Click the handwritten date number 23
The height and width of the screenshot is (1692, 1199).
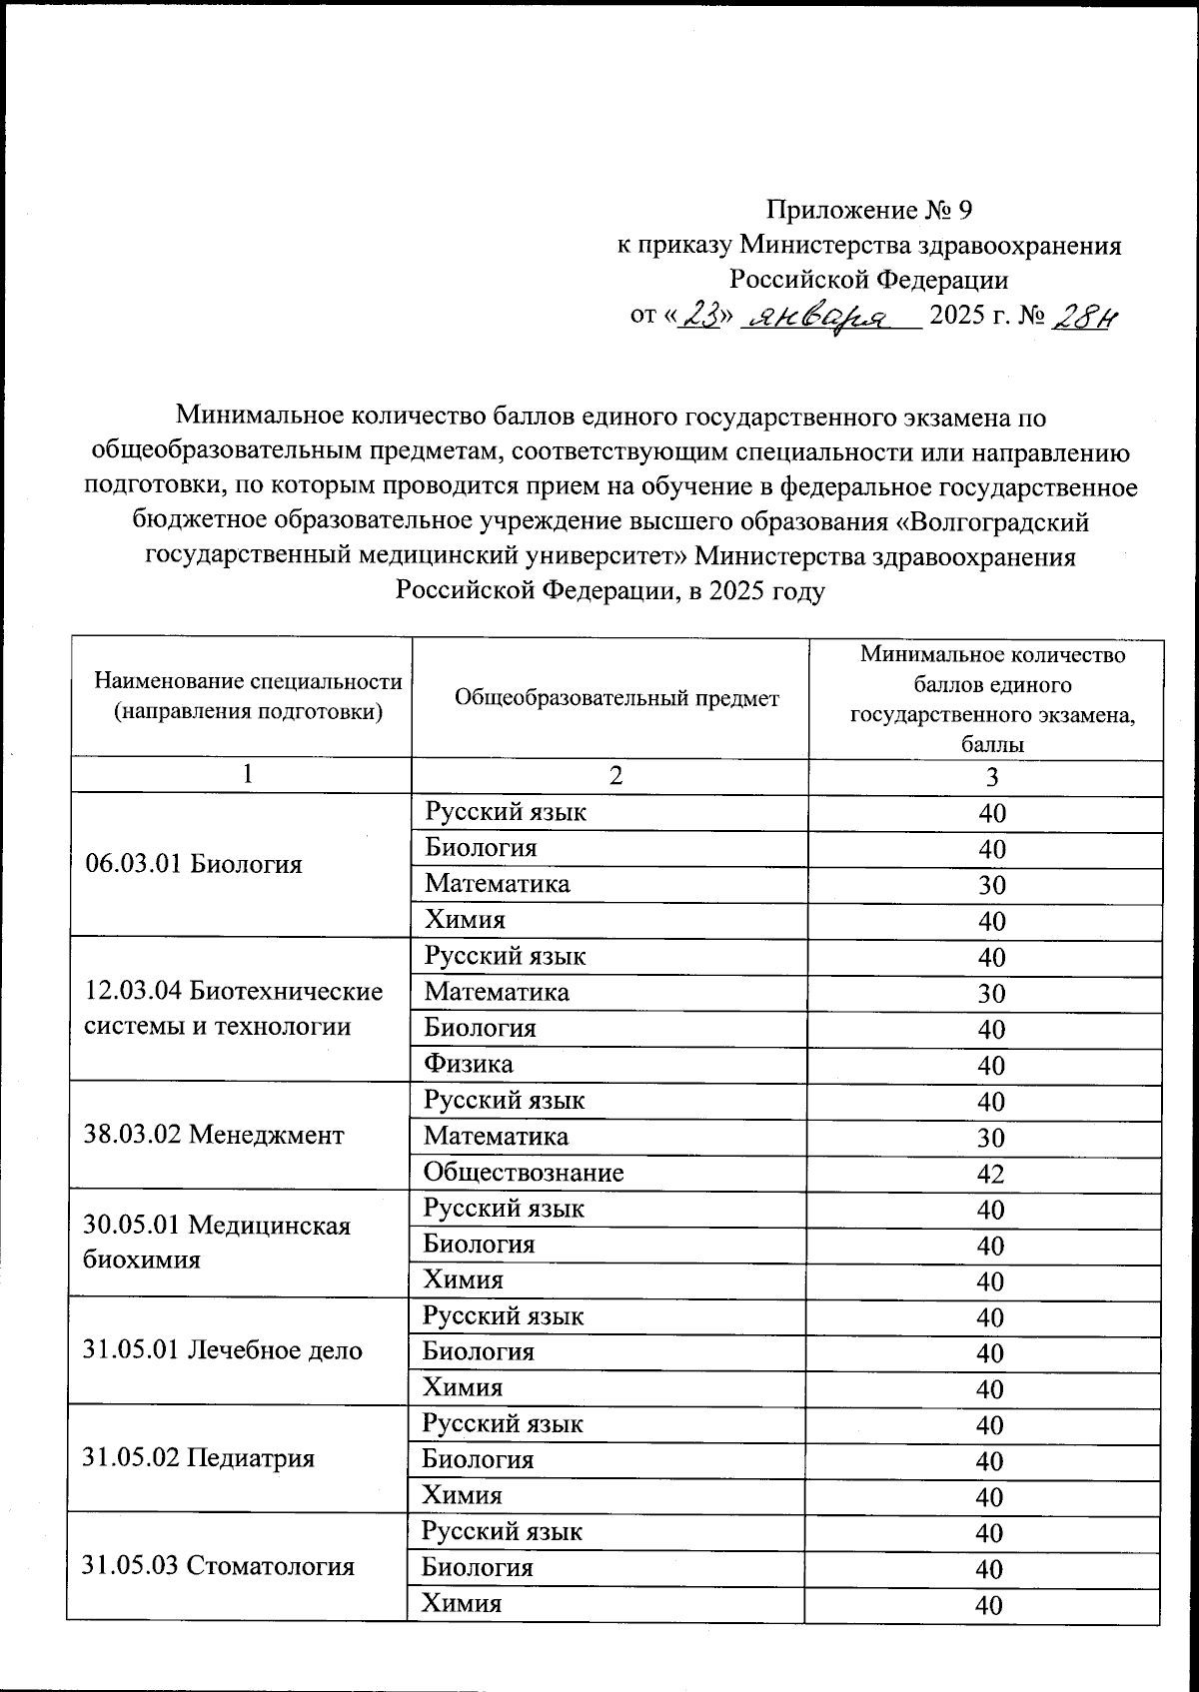(701, 316)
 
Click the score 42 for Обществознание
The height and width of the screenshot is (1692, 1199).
(990, 1174)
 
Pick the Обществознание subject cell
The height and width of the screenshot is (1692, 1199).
(524, 1172)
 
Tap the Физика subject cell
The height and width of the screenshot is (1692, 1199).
(469, 1064)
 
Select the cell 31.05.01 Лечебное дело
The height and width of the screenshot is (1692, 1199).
(223, 1350)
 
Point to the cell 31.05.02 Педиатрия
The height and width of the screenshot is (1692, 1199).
(199, 1458)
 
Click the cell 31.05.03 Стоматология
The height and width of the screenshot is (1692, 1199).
(219, 1565)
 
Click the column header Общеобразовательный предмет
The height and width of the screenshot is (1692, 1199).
(616, 698)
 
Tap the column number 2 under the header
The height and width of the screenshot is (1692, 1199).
(616, 776)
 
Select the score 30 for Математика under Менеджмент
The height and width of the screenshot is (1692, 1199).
(990, 1138)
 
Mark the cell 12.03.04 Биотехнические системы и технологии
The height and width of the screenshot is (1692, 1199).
(234, 1009)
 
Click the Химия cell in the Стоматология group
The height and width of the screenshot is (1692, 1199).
(462, 1603)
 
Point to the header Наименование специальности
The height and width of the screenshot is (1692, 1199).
(248, 681)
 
